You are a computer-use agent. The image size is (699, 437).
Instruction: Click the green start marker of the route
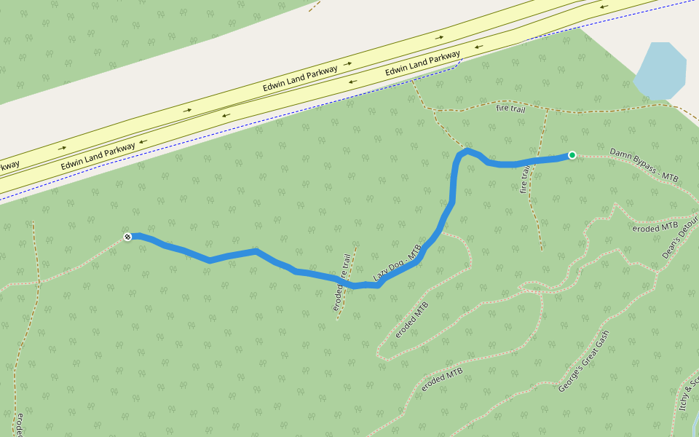[572, 154]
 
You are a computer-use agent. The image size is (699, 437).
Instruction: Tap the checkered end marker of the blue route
[127, 237]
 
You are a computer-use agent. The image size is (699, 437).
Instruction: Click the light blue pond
[660, 71]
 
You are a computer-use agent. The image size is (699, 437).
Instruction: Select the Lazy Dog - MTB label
[398, 263]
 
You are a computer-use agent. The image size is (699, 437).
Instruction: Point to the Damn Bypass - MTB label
[644, 165]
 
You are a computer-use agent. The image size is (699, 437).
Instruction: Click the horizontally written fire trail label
[510, 109]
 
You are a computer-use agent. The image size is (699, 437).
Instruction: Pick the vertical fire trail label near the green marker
[525, 178]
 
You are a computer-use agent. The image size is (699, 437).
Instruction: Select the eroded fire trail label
[341, 283]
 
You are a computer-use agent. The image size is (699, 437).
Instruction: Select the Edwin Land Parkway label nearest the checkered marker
[98, 156]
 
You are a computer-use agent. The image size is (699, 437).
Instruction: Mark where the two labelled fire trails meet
[546, 111]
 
